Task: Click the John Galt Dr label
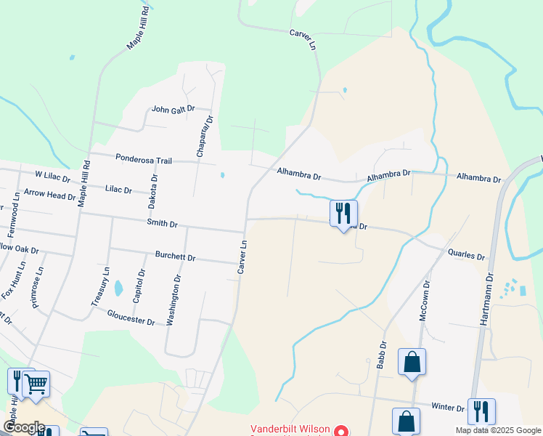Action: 173,110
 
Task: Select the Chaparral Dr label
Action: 204,136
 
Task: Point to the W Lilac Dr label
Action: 52,177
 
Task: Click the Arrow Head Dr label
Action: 49,195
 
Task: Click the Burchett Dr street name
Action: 176,257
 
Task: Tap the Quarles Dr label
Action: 466,256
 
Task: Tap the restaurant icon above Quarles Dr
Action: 343,214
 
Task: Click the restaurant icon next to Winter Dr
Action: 481,411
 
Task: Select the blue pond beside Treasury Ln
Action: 118,288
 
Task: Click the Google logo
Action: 24,427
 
